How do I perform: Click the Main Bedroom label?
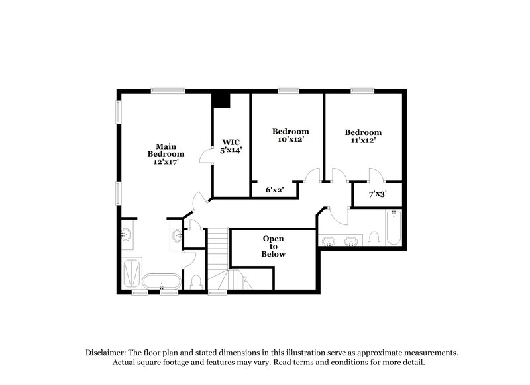pyautogui.click(x=165, y=150)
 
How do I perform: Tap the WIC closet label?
pyautogui.click(x=231, y=142)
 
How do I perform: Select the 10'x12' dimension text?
pyautogui.click(x=290, y=140)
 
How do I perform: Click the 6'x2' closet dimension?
pyautogui.click(x=274, y=190)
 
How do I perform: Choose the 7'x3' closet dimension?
pyautogui.click(x=377, y=194)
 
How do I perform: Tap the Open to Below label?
pyautogui.click(x=274, y=246)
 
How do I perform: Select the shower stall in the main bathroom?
pyautogui.click(x=132, y=273)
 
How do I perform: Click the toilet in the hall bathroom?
pyautogui.click(x=374, y=239)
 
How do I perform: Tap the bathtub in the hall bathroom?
pyautogui.click(x=393, y=228)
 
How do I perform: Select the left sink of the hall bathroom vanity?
pyautogui.click(x=329, y=241)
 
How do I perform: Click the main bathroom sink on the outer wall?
pyautogui.click(x=127, y=234)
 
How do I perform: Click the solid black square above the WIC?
pyautogui.click(x=221, y=99)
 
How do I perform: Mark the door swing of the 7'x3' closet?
pyautogui.click(x=374, y=175)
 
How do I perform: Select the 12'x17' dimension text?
pyautogui.click(x=165, y=161)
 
